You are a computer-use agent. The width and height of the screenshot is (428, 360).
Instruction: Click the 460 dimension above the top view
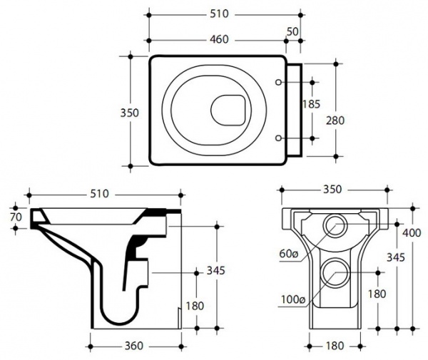[220, 40]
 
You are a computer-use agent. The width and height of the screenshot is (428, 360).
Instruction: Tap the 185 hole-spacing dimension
[312, 104]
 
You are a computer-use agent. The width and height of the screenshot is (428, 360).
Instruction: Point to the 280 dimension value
[336, 119]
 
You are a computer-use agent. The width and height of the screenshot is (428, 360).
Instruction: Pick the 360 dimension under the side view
[133, 346]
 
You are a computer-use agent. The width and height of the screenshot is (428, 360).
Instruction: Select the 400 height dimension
[412, 233]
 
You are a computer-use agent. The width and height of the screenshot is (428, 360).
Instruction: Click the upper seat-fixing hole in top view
[279, 83]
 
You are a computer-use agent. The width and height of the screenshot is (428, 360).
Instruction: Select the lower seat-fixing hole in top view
[279, 136]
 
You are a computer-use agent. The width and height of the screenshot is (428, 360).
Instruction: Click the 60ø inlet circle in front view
[336, 227]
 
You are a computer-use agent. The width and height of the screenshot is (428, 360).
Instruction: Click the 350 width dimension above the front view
[332, 190]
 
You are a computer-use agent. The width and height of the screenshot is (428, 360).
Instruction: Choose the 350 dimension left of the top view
[129, 113]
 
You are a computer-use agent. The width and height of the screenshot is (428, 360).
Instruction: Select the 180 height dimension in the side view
[194, 305]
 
